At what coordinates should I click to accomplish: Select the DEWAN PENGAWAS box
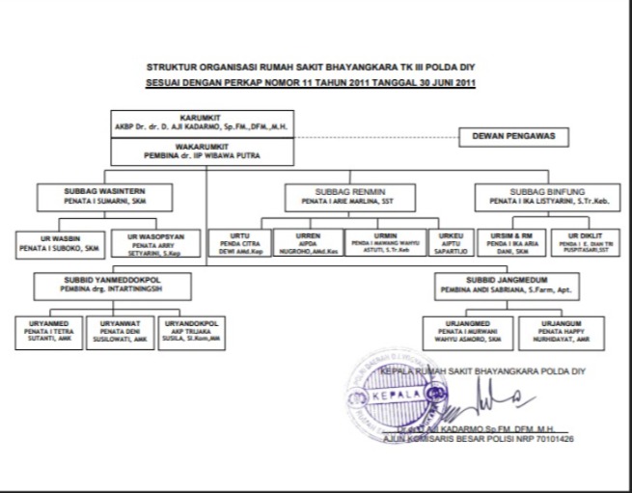[x=519, y=137]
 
